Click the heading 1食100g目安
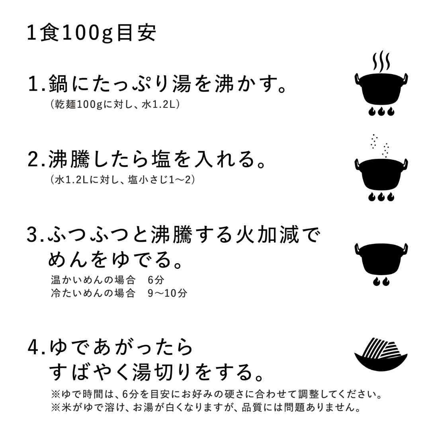(x=91, y=34)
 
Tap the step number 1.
(x=33, y=85)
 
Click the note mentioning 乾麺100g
(x=116, y=104)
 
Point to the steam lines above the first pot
(x=381, y=62)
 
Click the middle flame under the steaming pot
(x=381, y=111)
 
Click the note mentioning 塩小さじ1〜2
(x=123, y=180)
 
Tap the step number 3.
(x=33, y=236)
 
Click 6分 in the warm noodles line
(x=153, y=279)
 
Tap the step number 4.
(x=33, y=348)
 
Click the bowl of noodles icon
(x=381, y=354)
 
